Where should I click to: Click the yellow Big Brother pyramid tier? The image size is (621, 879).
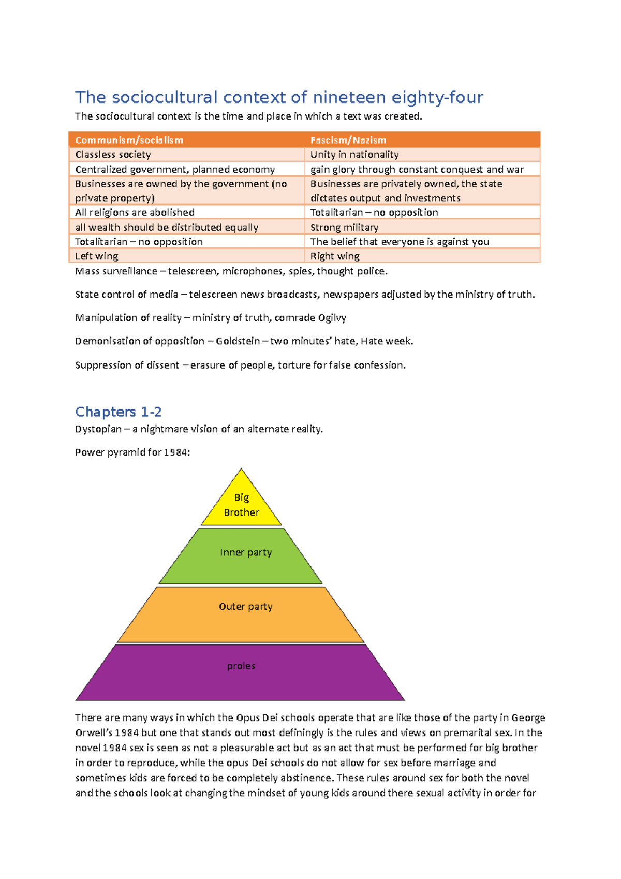click(242, 505)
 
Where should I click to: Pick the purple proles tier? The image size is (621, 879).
click(241, 673)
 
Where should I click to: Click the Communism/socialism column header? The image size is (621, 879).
click(129, 140)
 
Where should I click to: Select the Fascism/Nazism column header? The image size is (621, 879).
click(348, 140)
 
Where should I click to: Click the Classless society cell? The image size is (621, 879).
click(113, 155)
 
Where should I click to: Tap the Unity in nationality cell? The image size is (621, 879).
click(354, 155)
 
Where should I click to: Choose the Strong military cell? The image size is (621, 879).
click(344, 227)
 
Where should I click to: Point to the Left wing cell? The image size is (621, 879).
click(97, 256)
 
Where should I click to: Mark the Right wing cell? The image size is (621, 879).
click(335, 256)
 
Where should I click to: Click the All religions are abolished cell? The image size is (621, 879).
click(135, 212)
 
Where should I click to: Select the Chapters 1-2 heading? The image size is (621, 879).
click(119, 412)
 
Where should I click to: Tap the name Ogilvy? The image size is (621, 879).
click(332, 318)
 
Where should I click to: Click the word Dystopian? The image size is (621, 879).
click(98, 429)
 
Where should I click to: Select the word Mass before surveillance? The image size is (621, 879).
click(87, 271)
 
